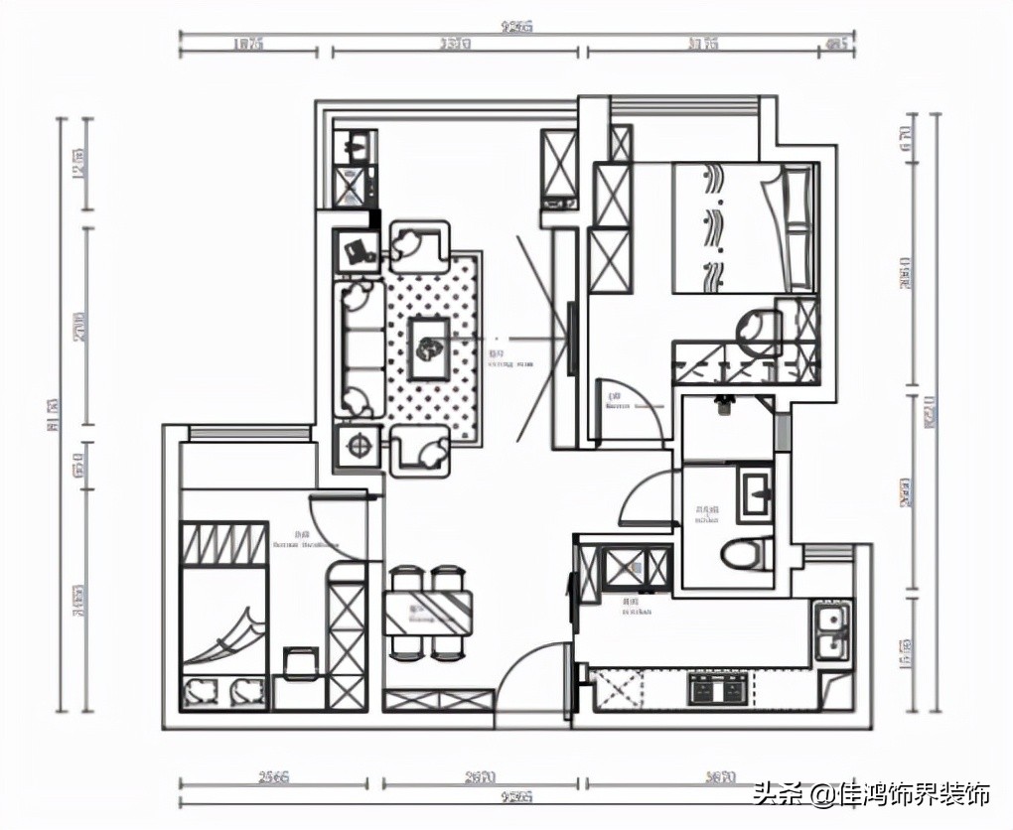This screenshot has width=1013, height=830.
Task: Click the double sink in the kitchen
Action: tap(831, 632)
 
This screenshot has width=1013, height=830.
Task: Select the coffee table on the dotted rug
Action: tap(429, 346)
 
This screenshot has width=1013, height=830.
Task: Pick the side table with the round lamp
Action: tap(357, 446)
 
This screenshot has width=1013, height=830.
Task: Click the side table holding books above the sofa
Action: tap(357, 250)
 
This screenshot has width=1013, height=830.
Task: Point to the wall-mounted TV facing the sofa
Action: tap(571, 340)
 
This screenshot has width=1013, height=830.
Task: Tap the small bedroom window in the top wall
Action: tap(248, 433)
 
